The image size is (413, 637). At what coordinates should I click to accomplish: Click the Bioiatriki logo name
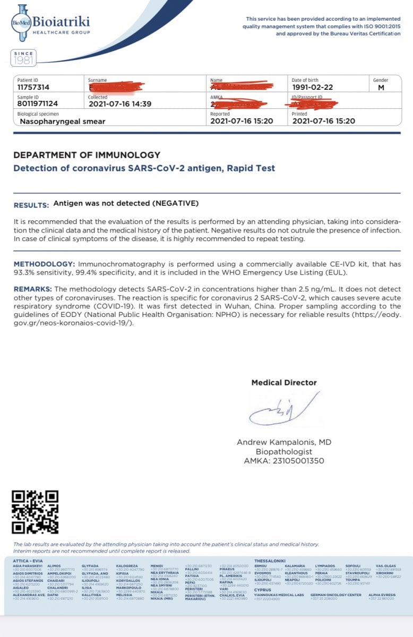tap(61, 22)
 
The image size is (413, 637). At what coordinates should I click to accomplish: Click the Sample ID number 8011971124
tap(38, 104)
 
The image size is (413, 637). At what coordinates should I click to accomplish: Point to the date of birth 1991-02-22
tap(314, 88)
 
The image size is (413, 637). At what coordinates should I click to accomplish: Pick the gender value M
tap(381, 88)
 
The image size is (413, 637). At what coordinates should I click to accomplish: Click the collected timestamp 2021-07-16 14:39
tap(119, 104)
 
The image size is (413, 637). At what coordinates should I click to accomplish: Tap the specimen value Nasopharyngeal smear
tap(63, 121)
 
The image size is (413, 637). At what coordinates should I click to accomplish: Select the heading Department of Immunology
tap(87, 155)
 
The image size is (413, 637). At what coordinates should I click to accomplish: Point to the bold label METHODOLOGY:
tap(44, 264)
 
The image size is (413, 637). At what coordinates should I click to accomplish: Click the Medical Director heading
tap(284, 382)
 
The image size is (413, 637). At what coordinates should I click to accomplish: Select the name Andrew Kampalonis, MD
tap(284, 442)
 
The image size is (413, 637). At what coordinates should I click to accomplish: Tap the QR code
tap(35, 512)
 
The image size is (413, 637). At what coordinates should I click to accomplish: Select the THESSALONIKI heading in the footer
tap(270, 561)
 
